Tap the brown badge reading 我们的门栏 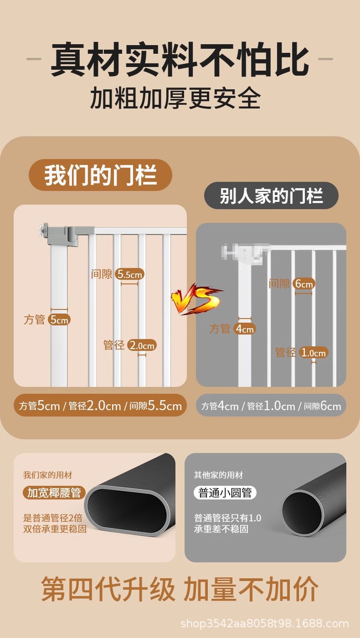click(x=100, y=175)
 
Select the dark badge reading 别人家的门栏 click(x=271, y=196)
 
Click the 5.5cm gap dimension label click(x=129, y=274)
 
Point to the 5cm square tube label click(x=59, y=319)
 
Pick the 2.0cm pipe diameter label click(x=142, y=345)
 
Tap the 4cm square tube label click(x=245, y=329)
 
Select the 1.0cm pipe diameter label click(x=314, y=352)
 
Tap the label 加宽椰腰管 click(x=54, y=493)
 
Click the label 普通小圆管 click(x=225, y=493)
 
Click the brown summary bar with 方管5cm click(x=100, y=406)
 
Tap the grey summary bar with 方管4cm click(x=271, y=406)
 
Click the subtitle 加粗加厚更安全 click(x=175, y=98)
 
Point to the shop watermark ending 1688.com click(x=264, y=623)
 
